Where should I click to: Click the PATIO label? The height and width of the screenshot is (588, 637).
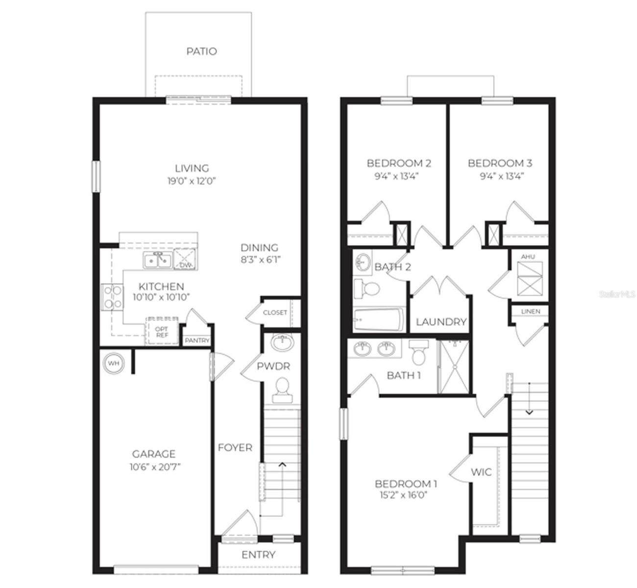(201, 51)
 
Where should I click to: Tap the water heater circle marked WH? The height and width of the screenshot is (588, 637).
(114, 364)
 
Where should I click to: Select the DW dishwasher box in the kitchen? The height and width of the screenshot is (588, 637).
(185, 260)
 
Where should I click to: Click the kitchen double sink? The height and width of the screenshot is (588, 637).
(157, 260)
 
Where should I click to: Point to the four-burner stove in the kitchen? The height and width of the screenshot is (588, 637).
(113, 297)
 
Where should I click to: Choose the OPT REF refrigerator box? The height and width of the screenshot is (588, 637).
(162, 332)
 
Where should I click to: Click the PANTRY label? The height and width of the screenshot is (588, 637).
(197, 341)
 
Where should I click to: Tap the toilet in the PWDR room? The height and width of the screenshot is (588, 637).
(282, 390)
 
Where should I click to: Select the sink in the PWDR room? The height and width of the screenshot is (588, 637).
(283, 343)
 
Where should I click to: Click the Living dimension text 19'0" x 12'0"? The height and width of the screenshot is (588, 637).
(191, 181)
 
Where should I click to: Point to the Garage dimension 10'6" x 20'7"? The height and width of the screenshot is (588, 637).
(155, 467)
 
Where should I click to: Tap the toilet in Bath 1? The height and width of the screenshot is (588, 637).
(419, 352)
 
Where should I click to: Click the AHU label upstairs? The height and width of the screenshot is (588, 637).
(528, 257)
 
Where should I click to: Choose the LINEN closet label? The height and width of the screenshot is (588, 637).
(531, 311)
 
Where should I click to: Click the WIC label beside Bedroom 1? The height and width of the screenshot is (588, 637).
(481, 472)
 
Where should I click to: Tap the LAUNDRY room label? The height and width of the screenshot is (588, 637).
(441, 322)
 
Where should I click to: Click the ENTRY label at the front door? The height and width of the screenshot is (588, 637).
(258, 555)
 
